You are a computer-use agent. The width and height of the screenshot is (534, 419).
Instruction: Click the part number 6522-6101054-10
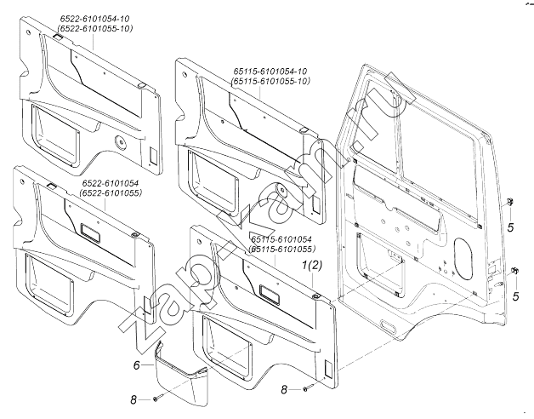pyautogui.click(x=95, y=19)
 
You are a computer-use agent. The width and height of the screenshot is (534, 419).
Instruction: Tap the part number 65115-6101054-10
pyautogui.click(x=268, y=71)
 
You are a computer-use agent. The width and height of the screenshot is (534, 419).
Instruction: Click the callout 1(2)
pyautogui.click(x=312, y=267)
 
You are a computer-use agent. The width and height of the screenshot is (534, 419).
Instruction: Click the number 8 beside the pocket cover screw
pyautogui.click(x=134, y=399)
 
